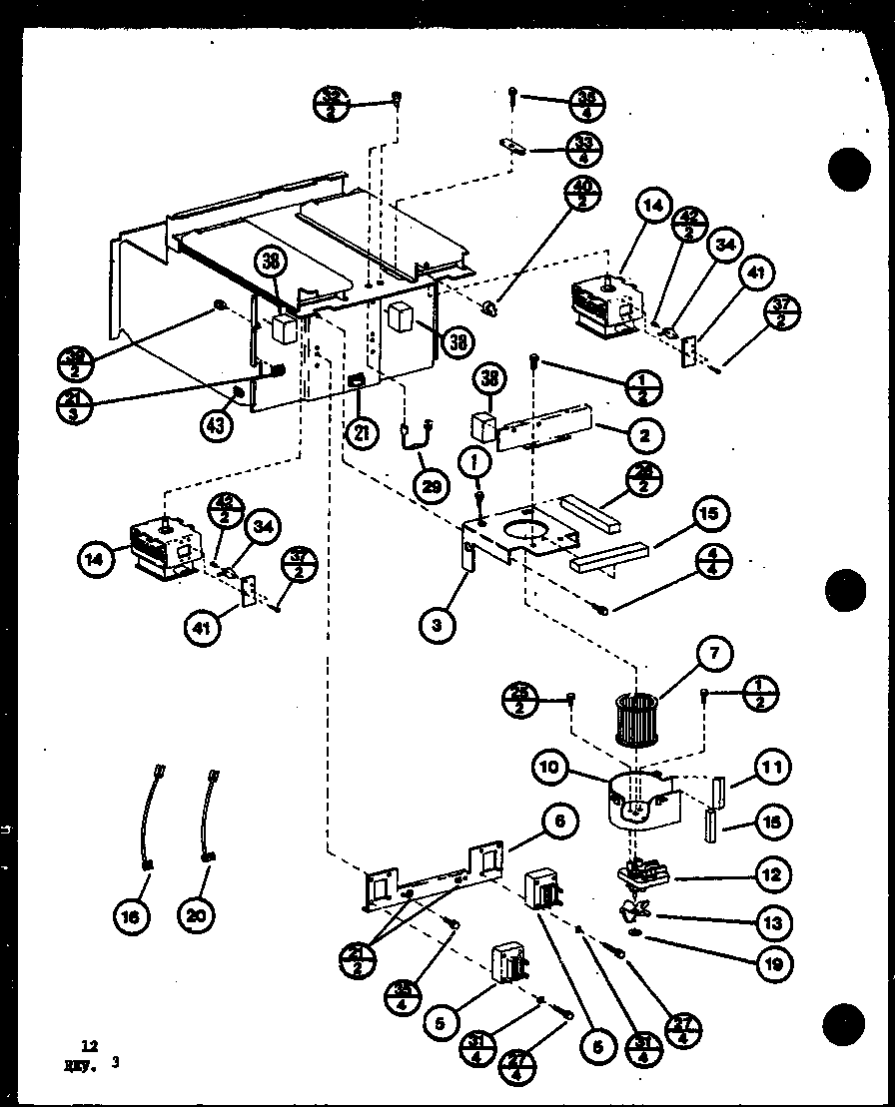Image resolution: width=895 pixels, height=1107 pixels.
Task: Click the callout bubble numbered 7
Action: [714, 654]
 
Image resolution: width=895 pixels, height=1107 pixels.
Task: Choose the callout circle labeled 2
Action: [646, 435]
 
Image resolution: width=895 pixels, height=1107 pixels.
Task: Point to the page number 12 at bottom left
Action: [90, 1045]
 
